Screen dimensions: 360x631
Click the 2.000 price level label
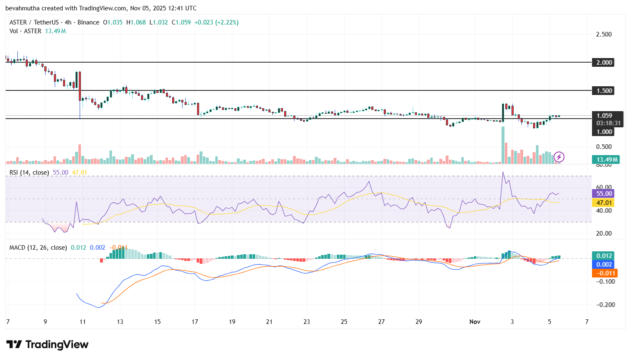click(x=604, y=62)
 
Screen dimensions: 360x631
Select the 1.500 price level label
click(x=604, y=90)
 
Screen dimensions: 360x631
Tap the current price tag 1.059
click(x=604, y=116)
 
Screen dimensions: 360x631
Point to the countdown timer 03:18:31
click(x=608, y=123)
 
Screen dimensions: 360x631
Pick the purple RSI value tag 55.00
click(x=604, y=194)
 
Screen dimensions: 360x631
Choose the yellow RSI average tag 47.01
click(x=604, y=203)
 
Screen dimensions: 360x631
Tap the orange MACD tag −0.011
click(x=605, y=273)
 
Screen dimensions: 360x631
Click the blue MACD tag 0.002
click(x=604, y=265)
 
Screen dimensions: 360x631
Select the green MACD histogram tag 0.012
click(x=604, y=256)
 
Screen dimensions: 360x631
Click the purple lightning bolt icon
click(x=559, y=157)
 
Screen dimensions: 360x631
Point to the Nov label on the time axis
click(x=475, y=322)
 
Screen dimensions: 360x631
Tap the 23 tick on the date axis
click(x=307, y=322)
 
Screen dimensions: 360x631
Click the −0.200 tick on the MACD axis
click(x=606, y=305)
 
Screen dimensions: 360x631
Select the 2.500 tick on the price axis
click(x=604, y=34)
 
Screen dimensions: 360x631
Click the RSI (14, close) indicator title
click(x=29, y=173)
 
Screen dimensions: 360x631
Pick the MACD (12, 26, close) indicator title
click(x=38, y=248)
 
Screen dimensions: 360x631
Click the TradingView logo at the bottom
click(x=47, y=345)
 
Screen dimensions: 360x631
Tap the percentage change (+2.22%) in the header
click(x=227, y=22)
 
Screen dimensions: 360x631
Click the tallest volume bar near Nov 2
click(x=503, y=145)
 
